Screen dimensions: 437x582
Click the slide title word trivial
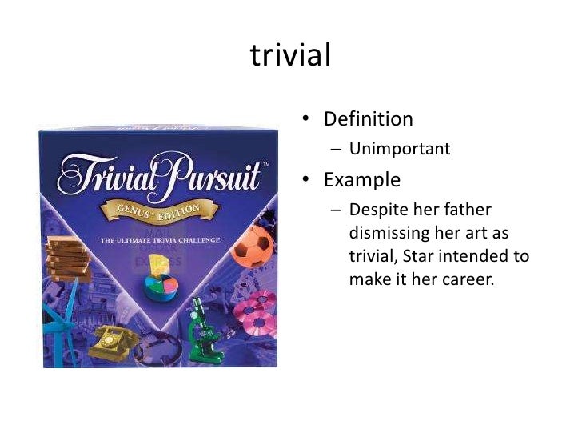click(x=290, y=55)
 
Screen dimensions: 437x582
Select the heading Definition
click(x=368, y=119)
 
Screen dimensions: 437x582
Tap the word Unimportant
click(x=405, y=149)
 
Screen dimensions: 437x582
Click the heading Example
click(x=361, y=179)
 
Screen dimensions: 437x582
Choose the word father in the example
click(x=466, y=210)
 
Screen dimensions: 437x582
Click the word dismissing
click(x=389, y=233)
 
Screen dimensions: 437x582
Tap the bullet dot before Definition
click(x=305, y=120)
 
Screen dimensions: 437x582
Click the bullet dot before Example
click(x=305, y=180)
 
